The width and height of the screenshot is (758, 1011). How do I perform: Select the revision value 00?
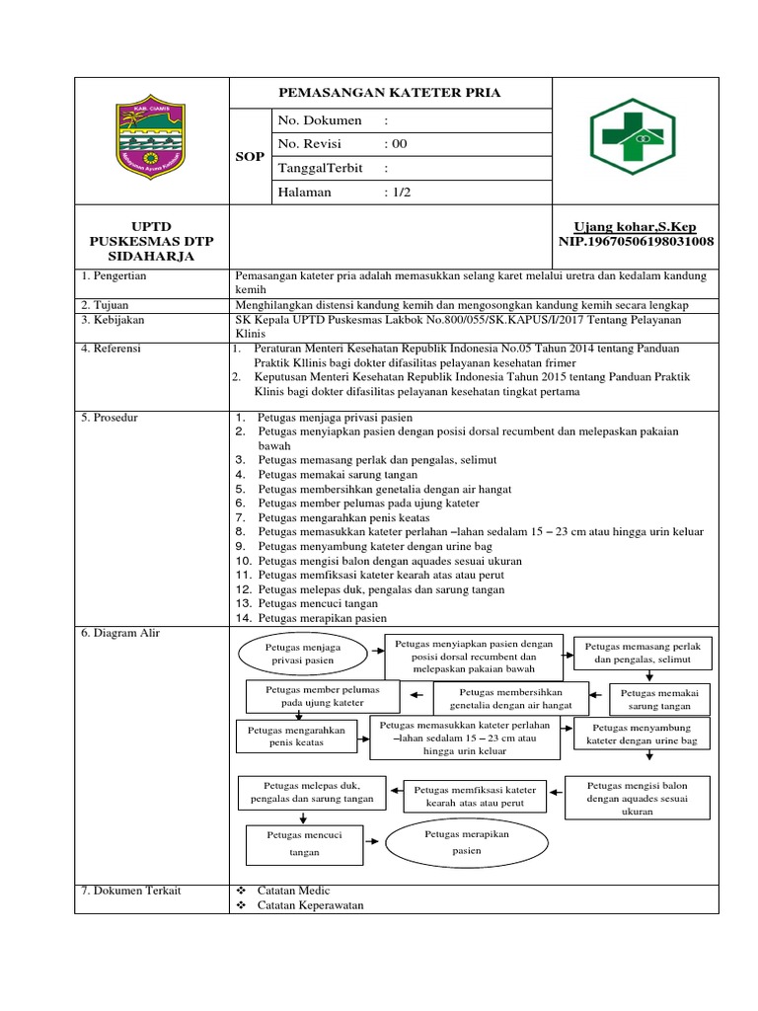coord(400,143)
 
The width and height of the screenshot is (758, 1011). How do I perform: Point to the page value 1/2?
coord(399,193)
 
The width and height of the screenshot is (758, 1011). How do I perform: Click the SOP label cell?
coord(250,157)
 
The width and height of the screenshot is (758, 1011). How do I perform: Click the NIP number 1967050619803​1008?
coord(638,242)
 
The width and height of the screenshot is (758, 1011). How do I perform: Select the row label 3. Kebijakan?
coord(112,320)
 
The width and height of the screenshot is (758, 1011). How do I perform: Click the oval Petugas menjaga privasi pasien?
coord(298,654)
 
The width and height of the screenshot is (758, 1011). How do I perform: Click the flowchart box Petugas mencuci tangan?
coord(304,842)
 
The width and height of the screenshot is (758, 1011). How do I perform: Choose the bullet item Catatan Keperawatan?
coord(310,905)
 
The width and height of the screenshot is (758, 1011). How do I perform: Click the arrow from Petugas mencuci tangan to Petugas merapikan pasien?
coord(373,842)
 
